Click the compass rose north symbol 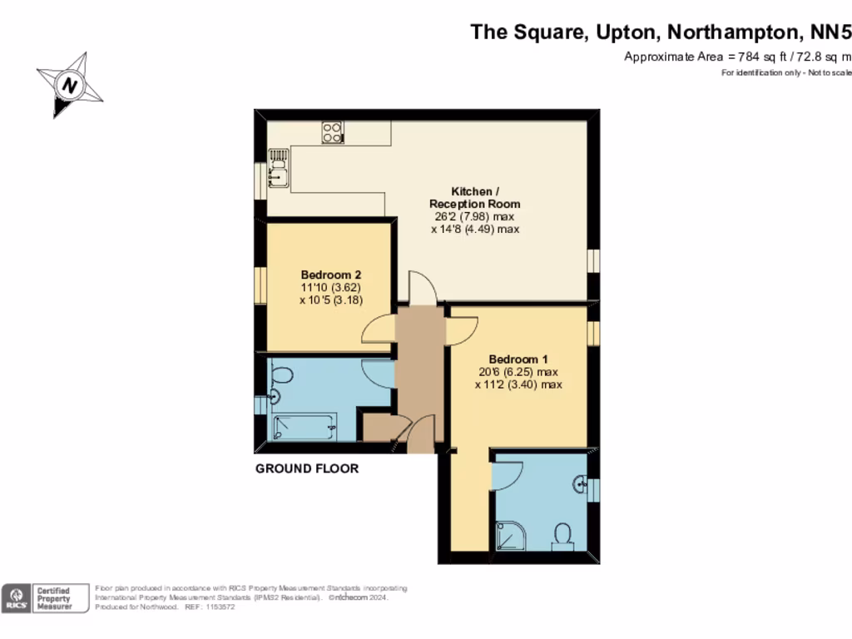pyautogui.click(x=71, y=85)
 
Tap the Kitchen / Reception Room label pyautogui.click(x=474, y=197)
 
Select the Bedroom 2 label pyautogui.click(x=331, y=275)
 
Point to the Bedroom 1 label pyautogui.click(x=518, y=359)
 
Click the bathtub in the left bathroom pyautogui.click(x=305, y=427)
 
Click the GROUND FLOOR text pyautogui.click(x=307, y=468)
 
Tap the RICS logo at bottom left pyautogui.click(x=15, y=599)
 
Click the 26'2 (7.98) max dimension pyautogui.click(x=474, y=216)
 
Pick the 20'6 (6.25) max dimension pyautogui.click(x=518, y=372)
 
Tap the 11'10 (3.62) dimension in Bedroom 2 pyautogui.click(x=331, y=287)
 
